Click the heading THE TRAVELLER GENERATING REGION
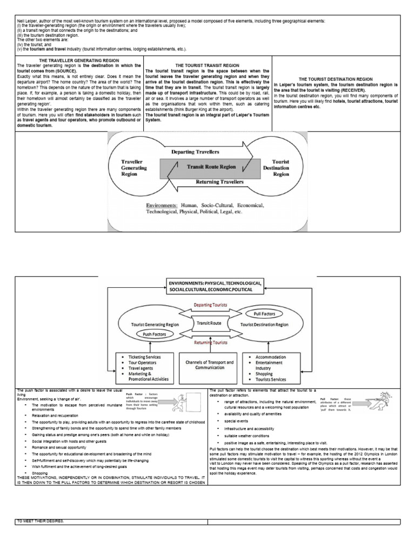coord(79,60)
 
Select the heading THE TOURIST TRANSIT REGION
coord(208,65)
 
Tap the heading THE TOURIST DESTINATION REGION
coord(336,79)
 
